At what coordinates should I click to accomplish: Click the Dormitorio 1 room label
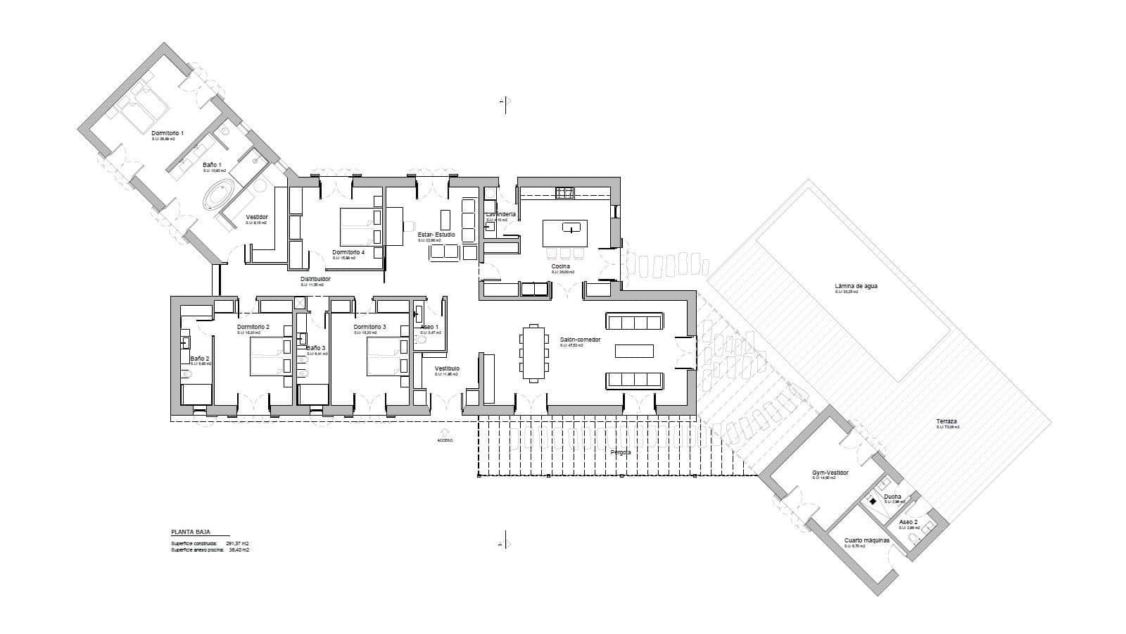point(167,133)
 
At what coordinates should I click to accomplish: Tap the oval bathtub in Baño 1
point(220,194)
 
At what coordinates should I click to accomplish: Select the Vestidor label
point(257,217)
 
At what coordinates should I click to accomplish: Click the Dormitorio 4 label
point(348,252)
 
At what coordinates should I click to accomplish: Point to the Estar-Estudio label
point(436,235)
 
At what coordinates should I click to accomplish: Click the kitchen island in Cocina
point(564,233)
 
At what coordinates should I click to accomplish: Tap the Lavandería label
point(501,214)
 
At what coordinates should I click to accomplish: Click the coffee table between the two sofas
point(634,351)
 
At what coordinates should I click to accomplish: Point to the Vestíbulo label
point(447,368)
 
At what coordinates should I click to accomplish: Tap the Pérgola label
point(621,452)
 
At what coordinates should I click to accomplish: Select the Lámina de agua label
point(856,287)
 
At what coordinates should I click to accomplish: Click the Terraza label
point(947,422)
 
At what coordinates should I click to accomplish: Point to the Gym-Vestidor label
point(830,473)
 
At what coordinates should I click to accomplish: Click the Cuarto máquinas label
point(867,540)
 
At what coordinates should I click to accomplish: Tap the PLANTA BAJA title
point(190,533)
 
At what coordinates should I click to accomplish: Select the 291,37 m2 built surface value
point(237,544)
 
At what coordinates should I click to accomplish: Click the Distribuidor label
point(315,279)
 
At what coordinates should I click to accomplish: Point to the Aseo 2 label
point(909,522)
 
